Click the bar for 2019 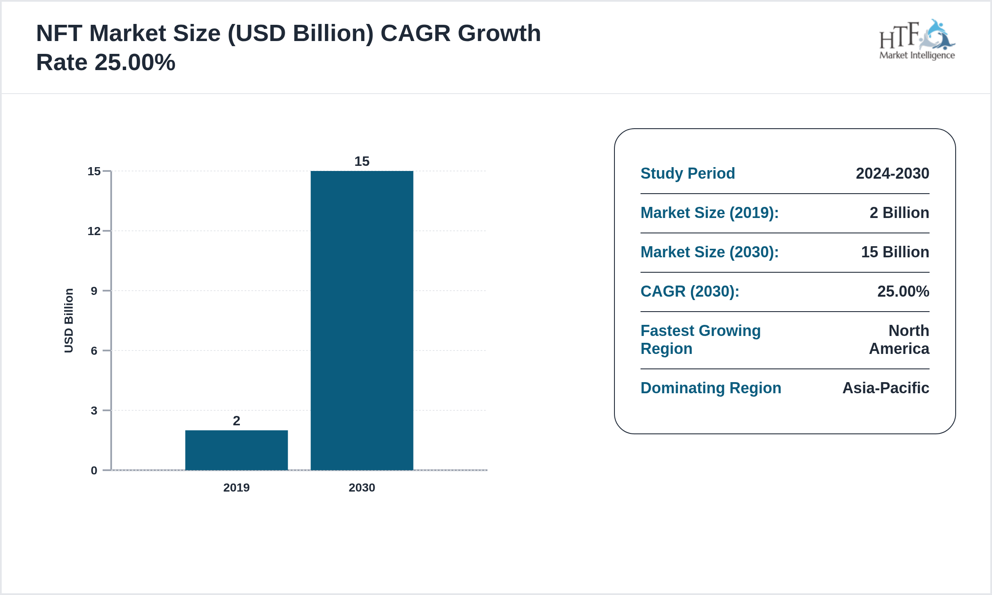(236, 450)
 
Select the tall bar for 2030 (362, 321)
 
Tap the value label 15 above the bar (362, 162)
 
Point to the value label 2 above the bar (236, 421)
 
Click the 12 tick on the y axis (94, 231)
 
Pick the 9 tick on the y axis (94, 291)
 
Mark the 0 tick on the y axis (94, 471)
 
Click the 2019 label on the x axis (236, 488)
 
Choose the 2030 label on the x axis (362, 488)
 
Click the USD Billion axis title (69, 321)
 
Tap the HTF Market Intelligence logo (917, 40)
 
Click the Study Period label (688, 174)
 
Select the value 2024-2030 (892, 174)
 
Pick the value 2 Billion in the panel (899, 213)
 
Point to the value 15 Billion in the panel (895, 252)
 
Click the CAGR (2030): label (690, 292)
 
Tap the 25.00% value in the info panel (903, 292)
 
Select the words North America (899, 340)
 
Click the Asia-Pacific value (886, 388)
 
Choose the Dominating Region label (711, 388)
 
